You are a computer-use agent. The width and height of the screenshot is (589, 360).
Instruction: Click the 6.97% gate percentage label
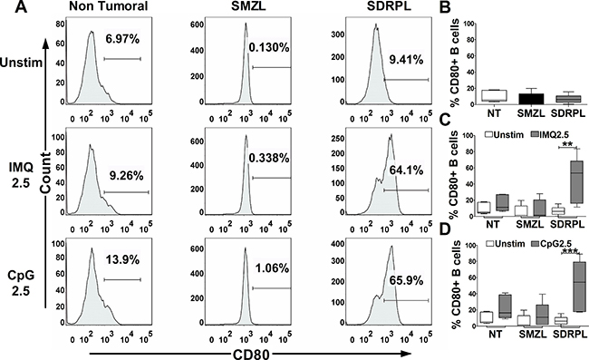click(x=122, y=39)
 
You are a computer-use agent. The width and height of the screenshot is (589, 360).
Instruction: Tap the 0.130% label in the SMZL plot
click(x=269, y=48)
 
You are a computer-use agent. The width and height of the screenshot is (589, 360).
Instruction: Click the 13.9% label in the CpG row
click(x=122, y=259)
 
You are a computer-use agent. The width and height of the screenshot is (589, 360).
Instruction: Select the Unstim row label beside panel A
click(x=22, y=63)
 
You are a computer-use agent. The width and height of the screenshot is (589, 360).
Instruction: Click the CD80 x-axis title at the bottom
click(x=251, y=354)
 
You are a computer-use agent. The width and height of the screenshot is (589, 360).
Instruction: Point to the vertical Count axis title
click(x=46, y=173)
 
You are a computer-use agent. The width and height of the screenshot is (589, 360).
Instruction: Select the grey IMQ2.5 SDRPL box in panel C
click(x=577, y=182)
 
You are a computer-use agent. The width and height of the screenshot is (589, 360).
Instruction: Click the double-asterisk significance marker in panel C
click(x=567, y=144)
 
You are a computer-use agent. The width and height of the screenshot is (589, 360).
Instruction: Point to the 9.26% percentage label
click(x=126, y=176)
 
